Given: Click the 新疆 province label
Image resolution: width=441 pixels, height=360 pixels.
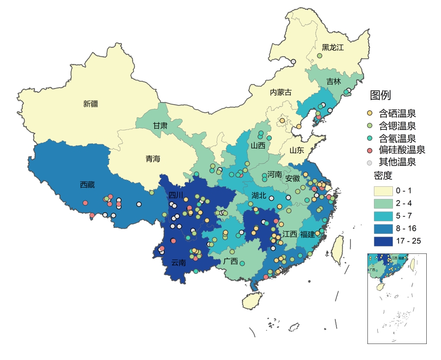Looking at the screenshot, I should coord(91,104).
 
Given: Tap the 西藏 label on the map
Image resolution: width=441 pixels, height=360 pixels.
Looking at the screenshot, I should coord(87,185).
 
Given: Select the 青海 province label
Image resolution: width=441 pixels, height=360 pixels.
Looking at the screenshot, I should coord(153,159).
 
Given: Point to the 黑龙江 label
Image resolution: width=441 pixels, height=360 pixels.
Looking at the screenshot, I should coord(332,47).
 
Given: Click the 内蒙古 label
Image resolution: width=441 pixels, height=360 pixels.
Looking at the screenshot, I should coord(281,92).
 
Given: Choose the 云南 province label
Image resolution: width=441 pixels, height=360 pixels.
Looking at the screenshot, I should coord(178,262).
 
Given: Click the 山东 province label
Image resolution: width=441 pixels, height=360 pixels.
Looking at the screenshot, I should coord(297,150).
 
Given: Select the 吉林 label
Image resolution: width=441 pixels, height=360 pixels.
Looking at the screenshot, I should coord(334,81).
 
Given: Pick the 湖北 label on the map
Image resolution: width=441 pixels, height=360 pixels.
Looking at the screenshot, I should coord(259,196).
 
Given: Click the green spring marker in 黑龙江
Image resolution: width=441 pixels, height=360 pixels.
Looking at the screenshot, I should coord(320,56).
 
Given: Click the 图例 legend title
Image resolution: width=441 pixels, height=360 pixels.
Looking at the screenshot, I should coord(380,95).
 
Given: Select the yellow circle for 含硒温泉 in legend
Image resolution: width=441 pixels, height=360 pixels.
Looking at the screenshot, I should coord(369,114).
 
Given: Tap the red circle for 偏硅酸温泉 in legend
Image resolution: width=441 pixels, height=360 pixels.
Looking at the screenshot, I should coord(369,150).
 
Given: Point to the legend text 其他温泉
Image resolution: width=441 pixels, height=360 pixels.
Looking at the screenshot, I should coord(397,162).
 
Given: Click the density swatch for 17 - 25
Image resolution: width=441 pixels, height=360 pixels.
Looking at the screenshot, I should coord(383,241).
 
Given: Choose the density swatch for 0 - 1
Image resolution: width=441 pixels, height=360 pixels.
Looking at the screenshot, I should coord(383,191).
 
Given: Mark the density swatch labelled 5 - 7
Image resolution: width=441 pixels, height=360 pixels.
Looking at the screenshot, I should coord(383,216).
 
